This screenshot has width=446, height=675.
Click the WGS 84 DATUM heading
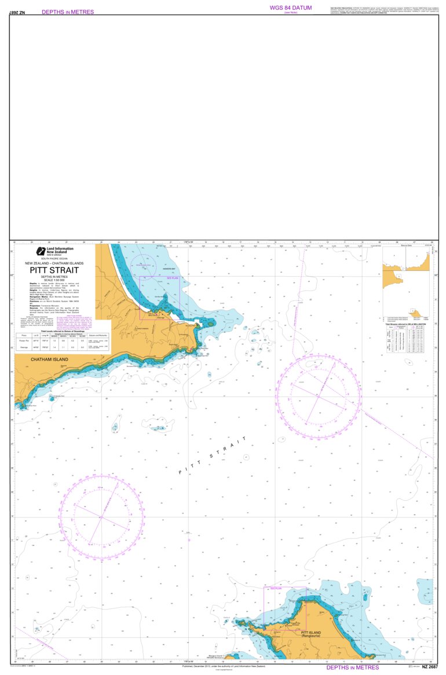(x=291, y=8)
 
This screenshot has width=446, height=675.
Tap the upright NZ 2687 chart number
(x=430, y=667)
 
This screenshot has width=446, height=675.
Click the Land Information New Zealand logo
(x=54, y=252)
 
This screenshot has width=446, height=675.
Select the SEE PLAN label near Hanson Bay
(x=172, y=278)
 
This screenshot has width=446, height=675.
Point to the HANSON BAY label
(x=169, y=269)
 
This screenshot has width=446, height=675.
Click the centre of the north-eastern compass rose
(x=318, y=397)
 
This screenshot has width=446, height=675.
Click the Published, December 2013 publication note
(x=223, y=666)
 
